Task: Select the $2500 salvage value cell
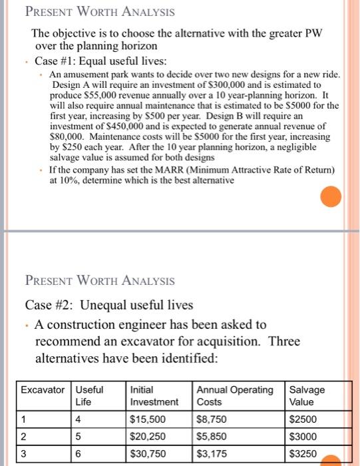click(303, 419)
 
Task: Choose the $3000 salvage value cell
click(303, 437)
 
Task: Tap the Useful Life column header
click(89, 395)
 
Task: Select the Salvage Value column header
click(307, 395)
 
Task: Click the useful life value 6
click(79, 454)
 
